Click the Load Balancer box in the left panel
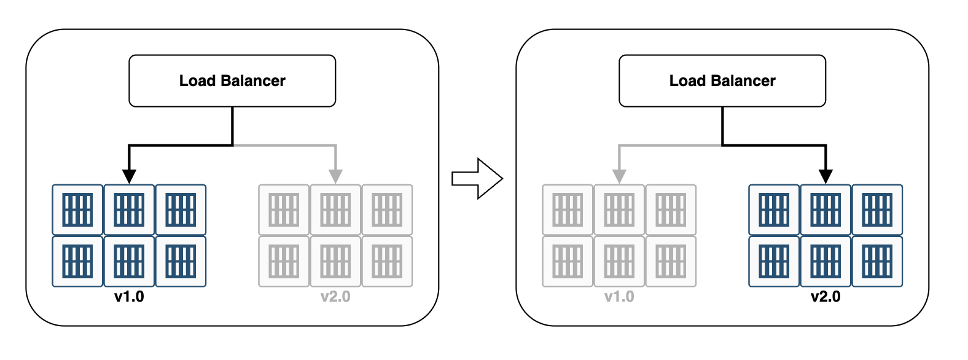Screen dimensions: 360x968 (x=232, y=80)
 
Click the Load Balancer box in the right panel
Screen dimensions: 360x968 (x=722, y=80)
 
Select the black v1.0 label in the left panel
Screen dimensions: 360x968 (x=129, y=297)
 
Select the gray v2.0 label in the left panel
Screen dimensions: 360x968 (x=335, y=297)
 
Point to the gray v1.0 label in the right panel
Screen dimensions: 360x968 (x=619, y=297)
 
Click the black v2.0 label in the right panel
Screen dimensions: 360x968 (x=826, y=297)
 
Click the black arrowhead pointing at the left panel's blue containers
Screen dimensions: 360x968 (x=129, y=176)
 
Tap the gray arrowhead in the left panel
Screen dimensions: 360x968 (x=335, y=176)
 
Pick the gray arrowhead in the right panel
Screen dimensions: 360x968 (x=619, y=176)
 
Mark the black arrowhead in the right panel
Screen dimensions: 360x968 (x=826, y=176)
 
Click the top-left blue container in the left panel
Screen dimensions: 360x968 (x=77, y=209)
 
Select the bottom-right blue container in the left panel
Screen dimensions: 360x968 (x=181, y=261)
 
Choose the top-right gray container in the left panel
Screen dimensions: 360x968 (x=387, y=209)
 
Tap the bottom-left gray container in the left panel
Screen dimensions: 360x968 (x=284, y=261)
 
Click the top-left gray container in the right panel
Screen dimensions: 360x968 (x=568, y=209)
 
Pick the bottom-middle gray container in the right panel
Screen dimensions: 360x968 (x=619, y=261)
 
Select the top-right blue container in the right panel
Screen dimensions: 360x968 (x=877, y=209)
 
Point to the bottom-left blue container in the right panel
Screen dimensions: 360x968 (x=774, y=261)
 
